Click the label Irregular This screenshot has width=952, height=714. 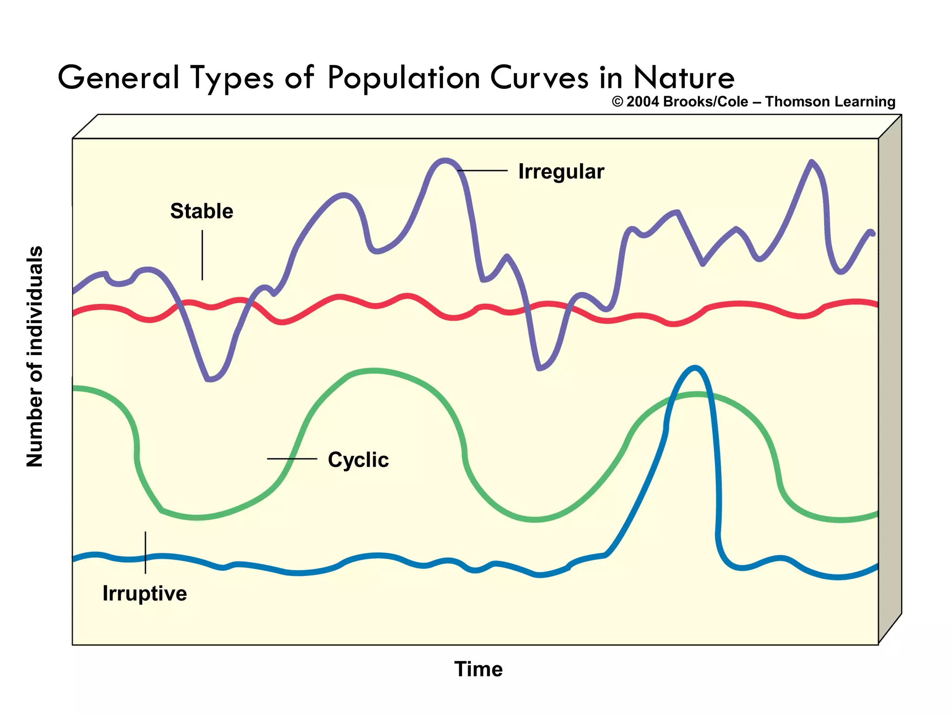(561, 172)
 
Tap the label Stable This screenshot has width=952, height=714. (201, 211)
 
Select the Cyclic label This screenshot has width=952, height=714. (358, 460)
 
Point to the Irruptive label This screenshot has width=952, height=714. (145, 594)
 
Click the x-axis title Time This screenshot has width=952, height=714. (478, 669)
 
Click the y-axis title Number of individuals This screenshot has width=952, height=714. (35, 356)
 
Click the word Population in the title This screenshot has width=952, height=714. (403, 78)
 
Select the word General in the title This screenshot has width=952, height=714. (119, 78)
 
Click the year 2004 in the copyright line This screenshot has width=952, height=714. (643, 102)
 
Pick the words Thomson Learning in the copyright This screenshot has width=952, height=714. (830, 102)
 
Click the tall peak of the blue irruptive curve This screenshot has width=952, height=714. (694, 368)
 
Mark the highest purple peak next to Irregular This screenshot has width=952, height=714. (444, 161)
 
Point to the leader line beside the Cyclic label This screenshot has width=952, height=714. (292, 459)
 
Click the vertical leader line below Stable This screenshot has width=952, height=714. (202, 255)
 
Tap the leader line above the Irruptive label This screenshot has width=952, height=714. (145, 552)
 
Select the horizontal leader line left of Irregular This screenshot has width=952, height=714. (483, 171)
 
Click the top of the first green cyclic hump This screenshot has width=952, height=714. (374, 371)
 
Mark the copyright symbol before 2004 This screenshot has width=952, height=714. (617, 102)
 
